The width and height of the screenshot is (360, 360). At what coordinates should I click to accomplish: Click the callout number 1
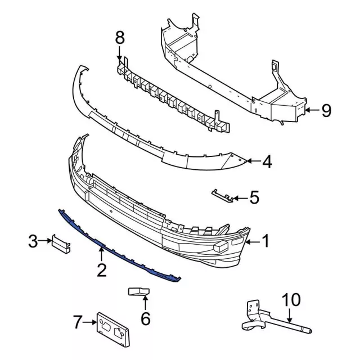click(x=265, y=241)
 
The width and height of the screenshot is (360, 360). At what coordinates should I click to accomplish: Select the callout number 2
click(x=102, y=270)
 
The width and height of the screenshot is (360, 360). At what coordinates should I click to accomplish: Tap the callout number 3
click(x=33, y=241)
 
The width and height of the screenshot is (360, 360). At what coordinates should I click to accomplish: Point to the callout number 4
click(x=267, y=161)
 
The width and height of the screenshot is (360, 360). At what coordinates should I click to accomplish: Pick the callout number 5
click(x=254, y=197)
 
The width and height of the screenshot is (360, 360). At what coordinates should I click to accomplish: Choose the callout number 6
click(x=145, y=318)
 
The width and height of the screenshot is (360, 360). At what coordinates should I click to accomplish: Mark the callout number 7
click(x=78, y=322)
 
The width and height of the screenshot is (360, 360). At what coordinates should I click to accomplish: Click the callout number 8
click(x=120, y=38)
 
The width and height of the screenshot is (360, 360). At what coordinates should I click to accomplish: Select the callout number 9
click(x=326, y=110)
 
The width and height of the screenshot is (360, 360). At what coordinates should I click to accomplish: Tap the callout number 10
click(x=291, y=300)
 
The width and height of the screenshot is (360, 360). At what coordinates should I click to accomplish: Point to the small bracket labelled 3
click(x=61, y=244)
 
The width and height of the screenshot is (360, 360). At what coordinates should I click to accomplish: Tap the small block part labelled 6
click(x=139, y=291)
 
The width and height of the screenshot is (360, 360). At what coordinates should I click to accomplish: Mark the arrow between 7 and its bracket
click(x=89, y=322)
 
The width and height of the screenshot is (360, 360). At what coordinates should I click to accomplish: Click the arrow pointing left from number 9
click(x=312, y=110)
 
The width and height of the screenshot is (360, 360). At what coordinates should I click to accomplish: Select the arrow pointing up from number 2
click(x=101, y=254)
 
